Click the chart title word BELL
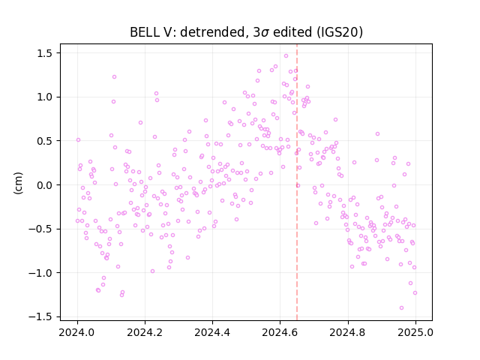(x=142, y=31)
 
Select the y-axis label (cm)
(x=18, y=183)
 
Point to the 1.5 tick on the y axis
(x=45, y=53)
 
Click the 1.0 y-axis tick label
(x=45, y=97)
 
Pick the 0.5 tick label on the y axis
(x=45, y=141)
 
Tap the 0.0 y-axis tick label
(x=45, y=185)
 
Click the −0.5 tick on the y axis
(x=40, y=229)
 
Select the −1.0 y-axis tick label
(x=40, y=273)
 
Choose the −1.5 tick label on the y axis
(x=40, y=316)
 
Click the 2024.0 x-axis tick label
(x=77, y=332)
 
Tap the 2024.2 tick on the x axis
(x=145, y=332)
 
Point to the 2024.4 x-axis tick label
(x=212, y=332)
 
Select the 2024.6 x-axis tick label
(x=280, y=332)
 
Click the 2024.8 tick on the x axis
(x=348, y=332)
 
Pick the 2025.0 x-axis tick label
(x=415, y=332)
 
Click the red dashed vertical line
(x=297, y=182)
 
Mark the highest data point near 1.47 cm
(x=286, y=56)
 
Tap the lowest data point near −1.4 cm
(x=401, y=308)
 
